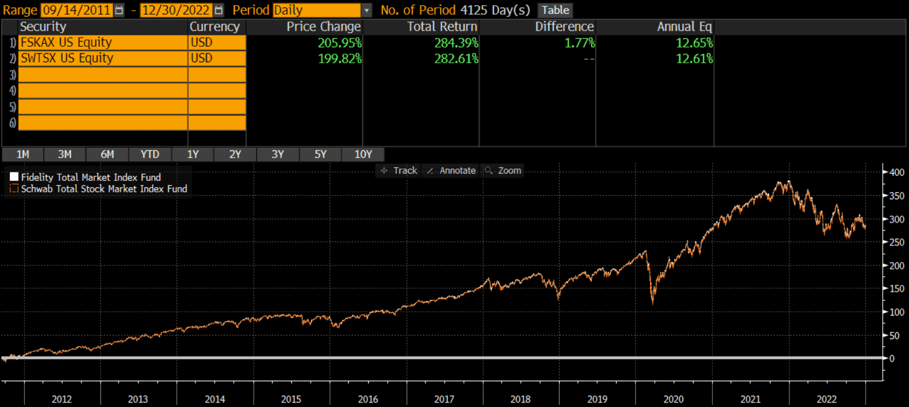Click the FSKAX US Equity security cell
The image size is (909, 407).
103,42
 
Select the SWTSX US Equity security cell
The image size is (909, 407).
103,58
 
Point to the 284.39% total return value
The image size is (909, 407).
456,43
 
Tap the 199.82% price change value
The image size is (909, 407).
340,59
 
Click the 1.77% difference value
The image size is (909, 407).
580,43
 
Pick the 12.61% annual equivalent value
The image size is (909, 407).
694,59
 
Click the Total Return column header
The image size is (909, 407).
442,26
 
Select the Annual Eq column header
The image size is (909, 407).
684,27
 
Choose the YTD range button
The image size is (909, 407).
150,155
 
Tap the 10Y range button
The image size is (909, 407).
363,155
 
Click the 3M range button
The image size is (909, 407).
64,155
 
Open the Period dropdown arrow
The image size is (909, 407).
366,10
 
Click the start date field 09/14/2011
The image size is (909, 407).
77,10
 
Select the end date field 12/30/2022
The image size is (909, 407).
176,10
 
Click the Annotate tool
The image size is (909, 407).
451,171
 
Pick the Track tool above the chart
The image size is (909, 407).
399,171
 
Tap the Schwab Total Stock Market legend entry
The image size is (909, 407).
99,189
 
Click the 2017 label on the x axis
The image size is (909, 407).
444,399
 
